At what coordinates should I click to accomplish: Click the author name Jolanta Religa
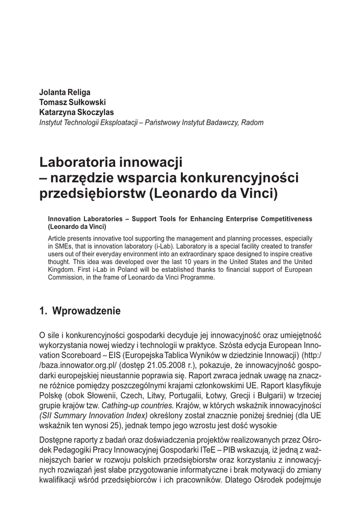(65, 93)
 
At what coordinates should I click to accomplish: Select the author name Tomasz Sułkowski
(72, 102)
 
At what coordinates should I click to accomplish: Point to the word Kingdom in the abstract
(61, 270)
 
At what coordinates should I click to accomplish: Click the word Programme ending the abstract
(200, 278)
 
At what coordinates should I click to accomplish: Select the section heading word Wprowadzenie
(87, 311)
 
